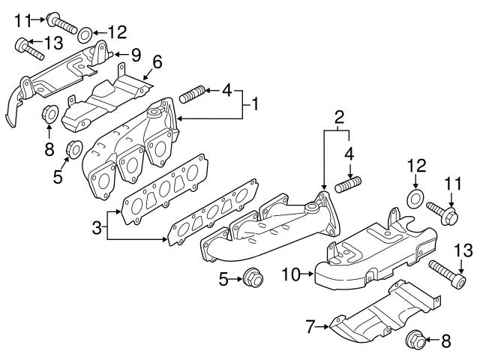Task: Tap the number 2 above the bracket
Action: pos(339,116)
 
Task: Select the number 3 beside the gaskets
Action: pos(96,226)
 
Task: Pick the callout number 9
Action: pos(136,54)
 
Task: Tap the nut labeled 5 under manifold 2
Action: pos(253,280)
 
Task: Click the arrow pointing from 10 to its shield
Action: pos(307,276)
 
